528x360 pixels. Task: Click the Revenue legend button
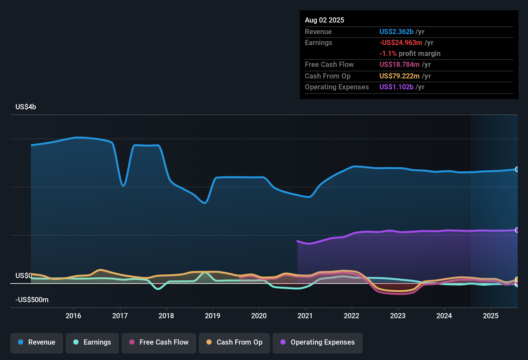tap(37, 342)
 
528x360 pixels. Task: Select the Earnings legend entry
tap(92, 342)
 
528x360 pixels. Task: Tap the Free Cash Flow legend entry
tap(159, 342)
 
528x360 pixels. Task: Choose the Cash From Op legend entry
tap(234, 342)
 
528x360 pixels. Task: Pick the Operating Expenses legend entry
tap(318, 342)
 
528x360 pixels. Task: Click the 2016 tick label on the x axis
tap(73, 316)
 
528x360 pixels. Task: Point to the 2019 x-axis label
tap(213, 316)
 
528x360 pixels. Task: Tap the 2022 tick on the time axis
tap(351, 316)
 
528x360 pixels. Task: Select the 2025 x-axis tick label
tap(491, 316)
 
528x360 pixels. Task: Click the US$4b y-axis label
tap(26, 107)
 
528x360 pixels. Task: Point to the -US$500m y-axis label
tap(32, 300)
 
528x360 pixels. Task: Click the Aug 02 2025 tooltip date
tap(324, 20)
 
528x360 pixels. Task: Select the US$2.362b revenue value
tap(396, 32)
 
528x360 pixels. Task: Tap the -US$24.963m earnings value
tap(401, 42)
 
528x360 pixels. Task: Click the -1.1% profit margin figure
tap(388, 53)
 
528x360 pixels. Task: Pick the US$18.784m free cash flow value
tap(399, 64)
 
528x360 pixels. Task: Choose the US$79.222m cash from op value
tap(399, 76)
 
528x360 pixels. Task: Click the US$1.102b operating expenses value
tap(396, 87)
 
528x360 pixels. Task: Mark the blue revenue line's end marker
tap(517, 169)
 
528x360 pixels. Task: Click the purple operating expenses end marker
tap(517, 230)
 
